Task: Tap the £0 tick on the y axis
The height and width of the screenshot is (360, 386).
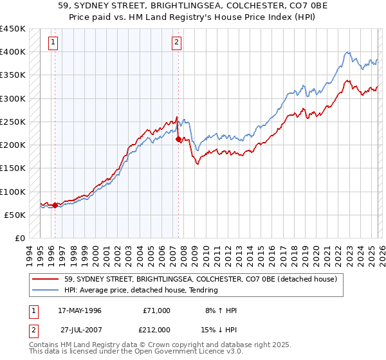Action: point(19,239)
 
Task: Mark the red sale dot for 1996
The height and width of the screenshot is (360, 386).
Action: point(55,205)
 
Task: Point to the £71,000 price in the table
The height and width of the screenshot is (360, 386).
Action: point(155,310)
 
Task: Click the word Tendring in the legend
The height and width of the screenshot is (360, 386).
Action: point(203,290)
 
